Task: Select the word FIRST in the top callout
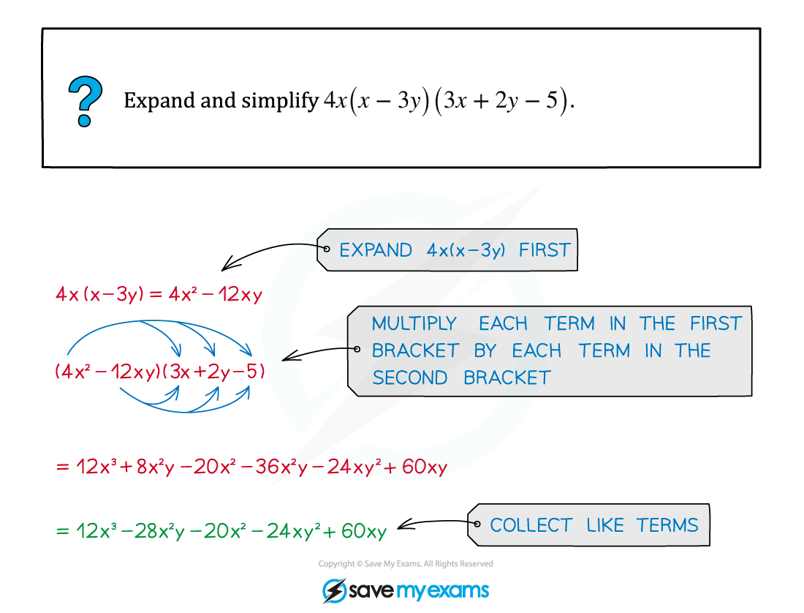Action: [x=545, y=250]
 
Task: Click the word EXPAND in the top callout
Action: [x=376, y=250]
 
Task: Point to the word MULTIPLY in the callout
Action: [x=414, y=323]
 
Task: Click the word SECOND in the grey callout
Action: [x=410, y=378]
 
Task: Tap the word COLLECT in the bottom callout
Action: [x=531, y=525]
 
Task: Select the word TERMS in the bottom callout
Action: [x=667, y=525]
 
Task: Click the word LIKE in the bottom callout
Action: [x=605, y=525]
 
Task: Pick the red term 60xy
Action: [x=425, y=467]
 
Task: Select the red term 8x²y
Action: [x=156, y=467]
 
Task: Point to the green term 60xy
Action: [x=364, y=531]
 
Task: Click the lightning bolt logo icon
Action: [x=334, y=591]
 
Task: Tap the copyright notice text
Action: [x=406, y=564]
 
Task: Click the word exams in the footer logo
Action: [x=458, y=590]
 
